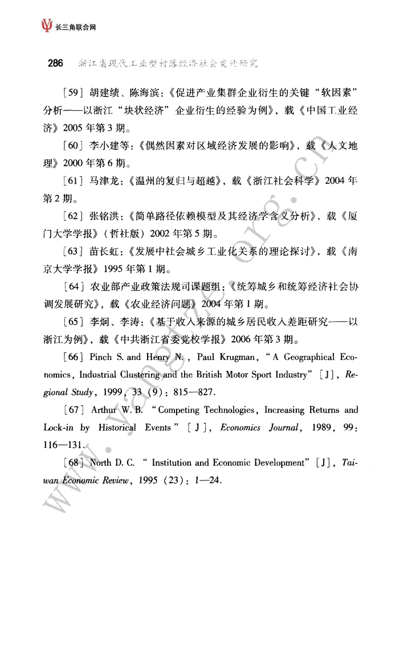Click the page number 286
click(x=55, y=63)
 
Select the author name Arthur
click(x=105, y=410)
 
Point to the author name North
click(x=101, y=463)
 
